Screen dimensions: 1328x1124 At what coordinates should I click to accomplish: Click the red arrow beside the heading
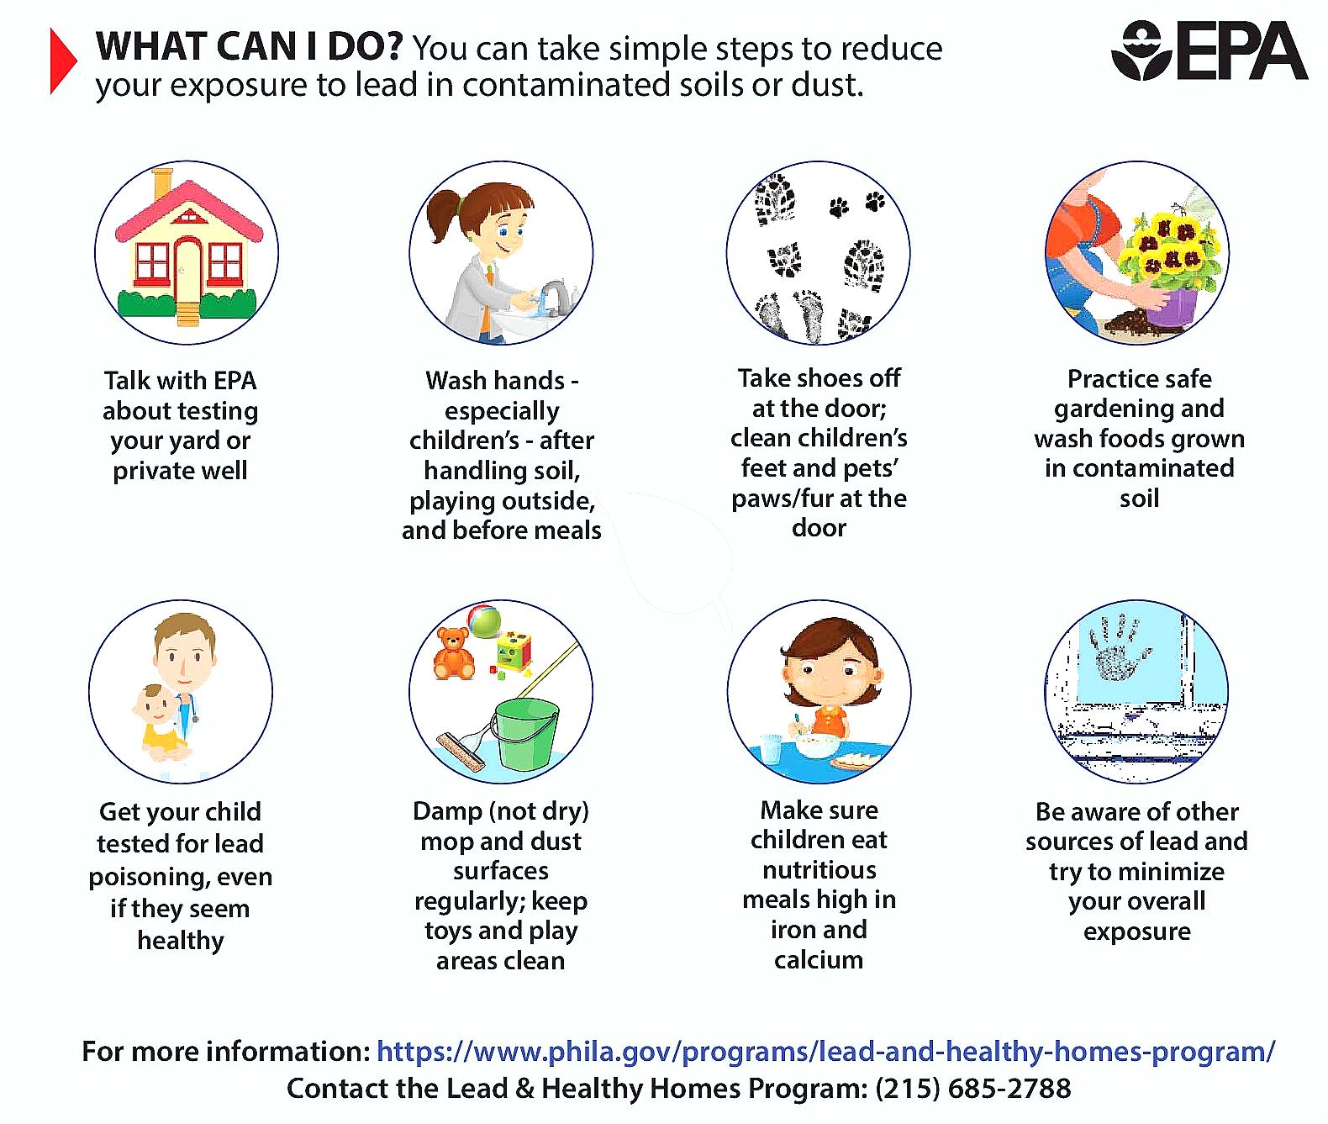coord(62,61)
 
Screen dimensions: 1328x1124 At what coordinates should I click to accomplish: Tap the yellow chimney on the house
coord(162,183)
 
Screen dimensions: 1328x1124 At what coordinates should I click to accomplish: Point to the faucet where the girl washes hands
coord(556,296)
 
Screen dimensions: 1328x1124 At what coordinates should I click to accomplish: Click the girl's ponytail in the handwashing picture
coord(443,211)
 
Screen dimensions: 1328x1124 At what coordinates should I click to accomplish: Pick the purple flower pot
coord(1172,306)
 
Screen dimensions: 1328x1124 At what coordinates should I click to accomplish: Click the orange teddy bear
coord(454,653)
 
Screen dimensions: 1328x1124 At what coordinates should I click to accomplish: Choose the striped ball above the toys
coord(485,620)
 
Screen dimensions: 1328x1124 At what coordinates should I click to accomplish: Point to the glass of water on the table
coord(770,749)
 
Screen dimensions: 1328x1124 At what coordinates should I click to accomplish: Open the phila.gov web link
coord(825,1052)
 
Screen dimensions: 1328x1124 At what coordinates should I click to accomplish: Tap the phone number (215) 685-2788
coord(972,1089)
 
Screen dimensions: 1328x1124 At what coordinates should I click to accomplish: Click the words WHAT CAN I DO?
coord(250,47)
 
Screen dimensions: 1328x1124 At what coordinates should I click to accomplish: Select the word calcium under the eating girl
coord(819,960)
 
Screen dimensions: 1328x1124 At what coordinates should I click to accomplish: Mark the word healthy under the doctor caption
coord(181,941)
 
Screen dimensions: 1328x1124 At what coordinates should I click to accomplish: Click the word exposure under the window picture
coord(1136,931)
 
